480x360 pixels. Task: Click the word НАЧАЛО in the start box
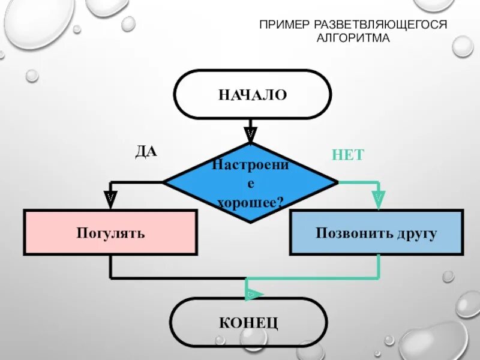click(x=252, y=95)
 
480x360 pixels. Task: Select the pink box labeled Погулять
click(x=110, y=232)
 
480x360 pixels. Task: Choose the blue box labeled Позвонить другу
click(x=376, y=232)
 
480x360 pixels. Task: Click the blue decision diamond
click(x=251, y=182)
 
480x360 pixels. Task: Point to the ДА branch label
click(x=146, y=152)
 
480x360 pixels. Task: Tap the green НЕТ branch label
click(x=347, y=155)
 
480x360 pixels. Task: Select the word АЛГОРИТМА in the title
click(x=353, y=38)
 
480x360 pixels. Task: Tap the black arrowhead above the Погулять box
click(x=110, y=196)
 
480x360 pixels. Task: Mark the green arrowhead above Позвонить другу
click(x=378, y=196)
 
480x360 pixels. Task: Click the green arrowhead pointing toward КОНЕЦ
click(x=253, y=293)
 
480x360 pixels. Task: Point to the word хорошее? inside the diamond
click(x=250, y=203)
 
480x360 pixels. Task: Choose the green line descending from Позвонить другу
click(x=379, y=266)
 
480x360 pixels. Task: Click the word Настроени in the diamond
click(x=251, y=164)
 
